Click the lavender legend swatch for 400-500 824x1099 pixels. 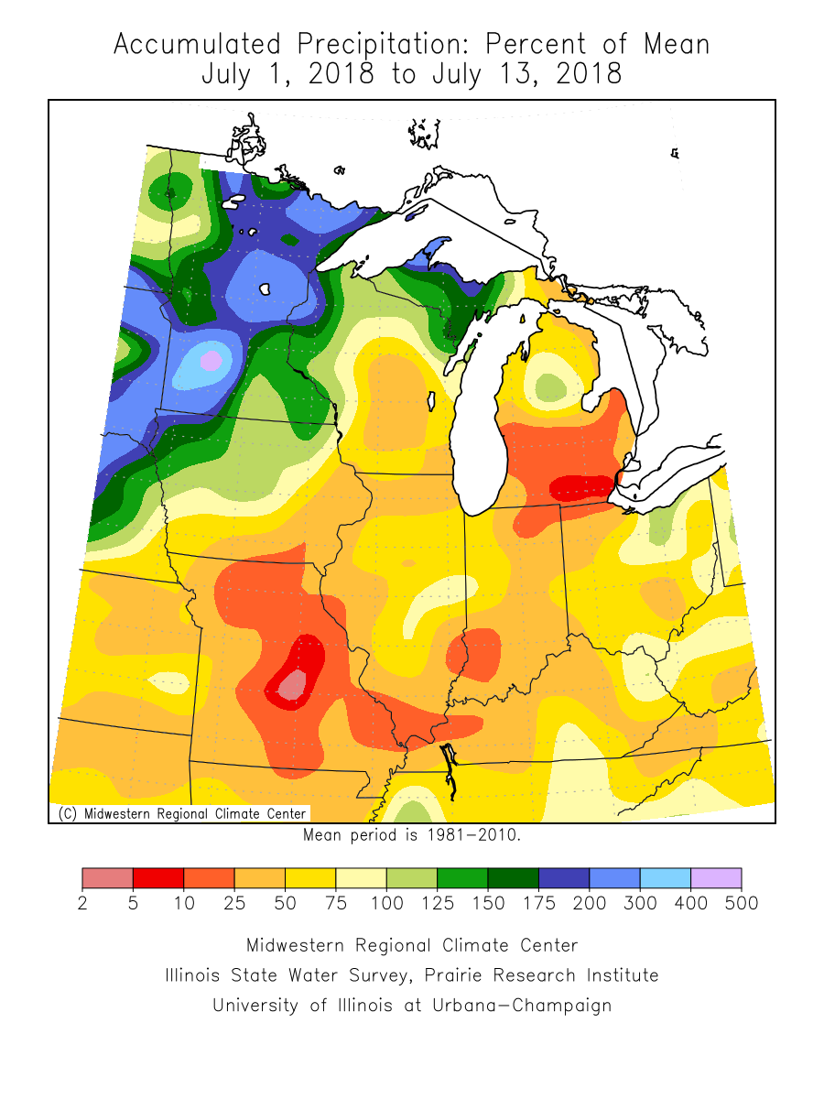pos(716,878)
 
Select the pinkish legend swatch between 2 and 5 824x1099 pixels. pos(107,878)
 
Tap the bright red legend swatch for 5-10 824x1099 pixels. pos(158,878)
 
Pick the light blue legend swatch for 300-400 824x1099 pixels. pos(665,878)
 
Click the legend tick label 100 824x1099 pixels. pos(386,904)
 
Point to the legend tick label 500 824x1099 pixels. pos(742,904)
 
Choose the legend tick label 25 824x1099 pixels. pos(234,904)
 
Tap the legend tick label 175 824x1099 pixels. pos(538,904)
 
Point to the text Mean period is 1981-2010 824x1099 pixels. pos(411,834)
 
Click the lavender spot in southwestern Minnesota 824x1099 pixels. pos(211,361)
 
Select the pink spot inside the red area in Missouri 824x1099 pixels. pos(291,684)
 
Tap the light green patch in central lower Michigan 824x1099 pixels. pos(551,388)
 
